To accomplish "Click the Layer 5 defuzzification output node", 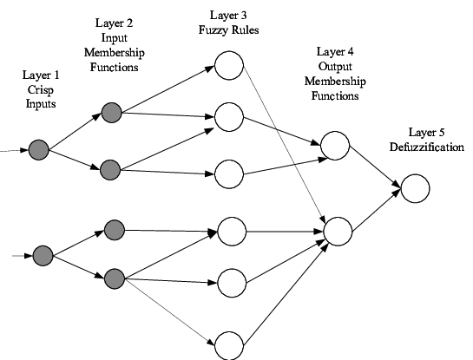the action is (x=415, y=188).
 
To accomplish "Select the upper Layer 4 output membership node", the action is (x=335, y=146).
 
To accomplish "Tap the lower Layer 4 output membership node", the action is (x=338, y=232).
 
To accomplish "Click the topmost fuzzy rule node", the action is (x=229, y=65).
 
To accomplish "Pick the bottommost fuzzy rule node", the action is (x=229, y=345).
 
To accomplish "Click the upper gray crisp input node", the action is (x=38, y=150).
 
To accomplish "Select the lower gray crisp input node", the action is (x=43, y=256).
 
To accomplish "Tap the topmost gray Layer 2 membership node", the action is (x=112, y=113).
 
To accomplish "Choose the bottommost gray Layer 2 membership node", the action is (x=115, y=279).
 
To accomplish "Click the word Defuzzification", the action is (x=426, y=147).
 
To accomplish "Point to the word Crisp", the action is (x=41, y=90).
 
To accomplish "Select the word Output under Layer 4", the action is (x=335, y=67).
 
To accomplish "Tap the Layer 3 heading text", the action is (x=228, y=16).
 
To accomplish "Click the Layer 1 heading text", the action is (x=41, y=75).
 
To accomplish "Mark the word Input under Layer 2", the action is (x=114, y=38).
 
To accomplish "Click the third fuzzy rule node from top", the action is (x=229, y=174).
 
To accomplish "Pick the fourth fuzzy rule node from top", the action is (x=232, y=232).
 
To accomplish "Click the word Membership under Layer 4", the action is (x=335, y=82).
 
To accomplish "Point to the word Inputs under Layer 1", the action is (x=41, y=104).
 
